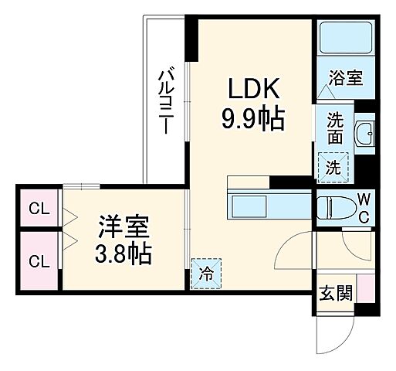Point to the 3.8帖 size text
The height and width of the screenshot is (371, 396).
click(124, 254)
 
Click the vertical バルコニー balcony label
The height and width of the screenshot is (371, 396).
click(164, 100)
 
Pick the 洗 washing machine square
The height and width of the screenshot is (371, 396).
click(333, 165)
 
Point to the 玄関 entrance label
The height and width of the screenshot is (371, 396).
click(335, 293)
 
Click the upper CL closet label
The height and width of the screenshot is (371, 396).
click(36, 208)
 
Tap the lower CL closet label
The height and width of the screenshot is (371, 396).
click(36, 261)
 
